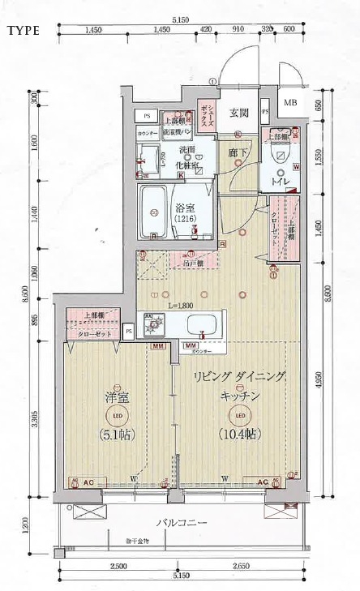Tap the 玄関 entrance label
tap(238, 113)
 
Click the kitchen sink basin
tap(200, 326)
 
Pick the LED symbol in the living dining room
tap(238, 416)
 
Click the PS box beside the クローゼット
tap(129, 331)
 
